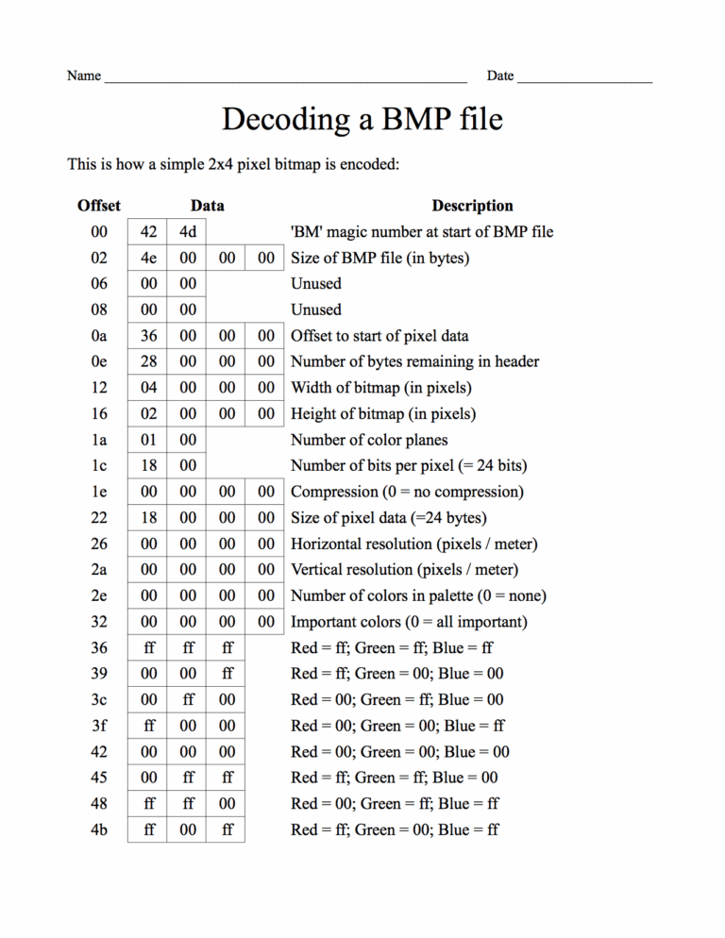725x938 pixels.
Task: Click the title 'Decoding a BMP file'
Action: [x=362, y=120]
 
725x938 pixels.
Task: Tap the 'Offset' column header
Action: [x=99, y=206]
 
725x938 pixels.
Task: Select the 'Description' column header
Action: [x=472, y=206]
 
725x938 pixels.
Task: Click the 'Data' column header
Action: [x=207, y=206]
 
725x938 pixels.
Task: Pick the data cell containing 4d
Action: [x=188, y=232]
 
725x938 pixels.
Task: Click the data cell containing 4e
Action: [x=148, y=258]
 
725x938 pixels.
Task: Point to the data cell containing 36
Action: [x=148, y=336]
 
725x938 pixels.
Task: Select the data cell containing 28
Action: [x=148, y=361]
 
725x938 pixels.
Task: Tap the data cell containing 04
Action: [x=148, y=388]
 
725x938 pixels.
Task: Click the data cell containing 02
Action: [x=148, y=413]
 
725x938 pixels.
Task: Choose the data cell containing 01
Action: [x=148, y=440]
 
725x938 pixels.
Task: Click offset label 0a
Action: [x=99, y=336]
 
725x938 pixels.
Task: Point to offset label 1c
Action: [x=99, y=465]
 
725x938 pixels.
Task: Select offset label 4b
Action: [x=99, y=829]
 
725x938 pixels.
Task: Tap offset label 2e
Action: [x=99, y=595]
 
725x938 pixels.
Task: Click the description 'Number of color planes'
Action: [x=369, y=440]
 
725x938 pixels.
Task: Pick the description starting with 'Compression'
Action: [x=407, y=492]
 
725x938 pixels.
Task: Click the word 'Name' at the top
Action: [x=84, y=75]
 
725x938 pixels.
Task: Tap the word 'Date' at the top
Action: [x=500, y=75]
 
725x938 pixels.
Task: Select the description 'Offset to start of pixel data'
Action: [x=379, y=336]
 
